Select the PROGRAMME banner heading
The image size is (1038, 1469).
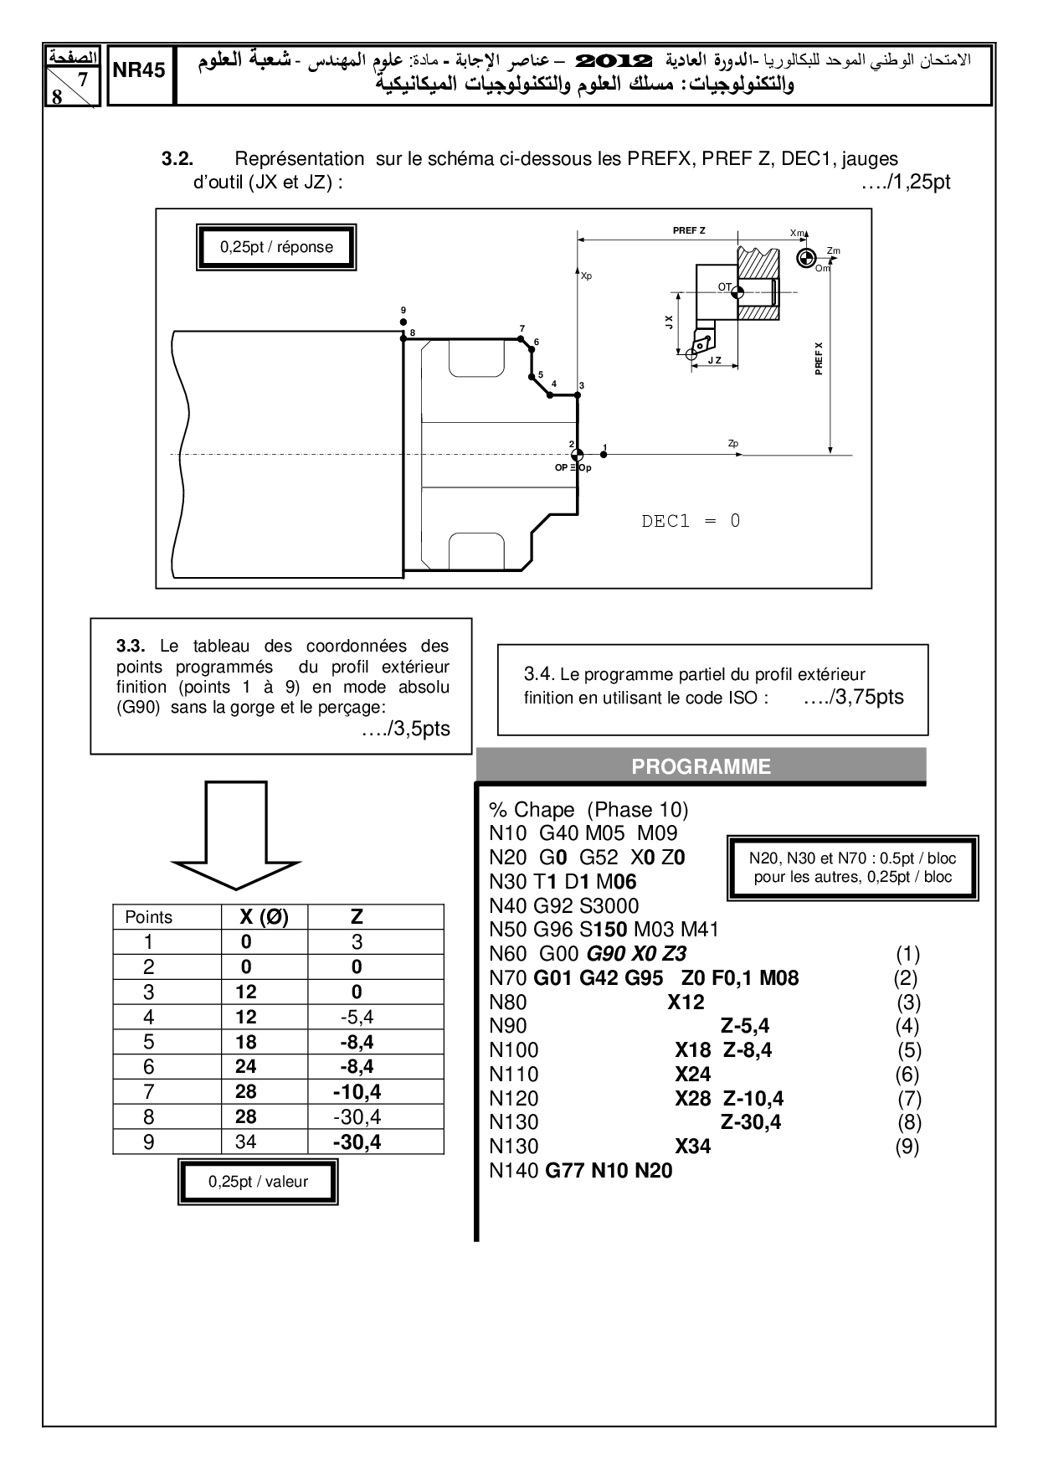(x=701, y=766)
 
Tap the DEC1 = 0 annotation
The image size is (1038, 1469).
(x=691, y=521)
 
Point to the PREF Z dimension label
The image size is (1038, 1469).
(x=689, y=230)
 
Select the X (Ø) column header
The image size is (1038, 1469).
(x=265, y=917)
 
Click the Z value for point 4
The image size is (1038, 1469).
(x=357, y=1017)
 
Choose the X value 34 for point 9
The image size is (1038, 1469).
(x=246, y=1142)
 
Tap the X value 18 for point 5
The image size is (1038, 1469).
(x=246, y=1042)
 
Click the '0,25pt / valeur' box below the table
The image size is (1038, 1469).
(x=258, y=1182)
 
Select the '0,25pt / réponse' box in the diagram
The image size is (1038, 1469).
(x=276, y=247)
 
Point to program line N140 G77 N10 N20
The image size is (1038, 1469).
(x=581, y=1170)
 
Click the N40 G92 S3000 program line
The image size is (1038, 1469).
(x=564, y=905)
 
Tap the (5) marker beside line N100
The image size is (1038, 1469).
(x=909, y=1050)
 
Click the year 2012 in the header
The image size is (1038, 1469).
(x=615, y=61)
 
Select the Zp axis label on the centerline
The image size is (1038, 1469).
(x=733, y=443)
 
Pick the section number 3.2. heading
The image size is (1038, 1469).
(x=177, y=158)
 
